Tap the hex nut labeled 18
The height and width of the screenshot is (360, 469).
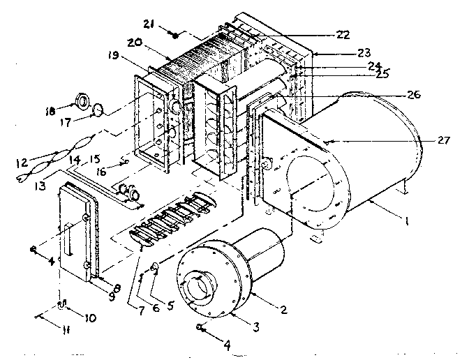coord(82,102)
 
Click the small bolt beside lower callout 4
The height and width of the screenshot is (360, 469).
coord(201,327)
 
